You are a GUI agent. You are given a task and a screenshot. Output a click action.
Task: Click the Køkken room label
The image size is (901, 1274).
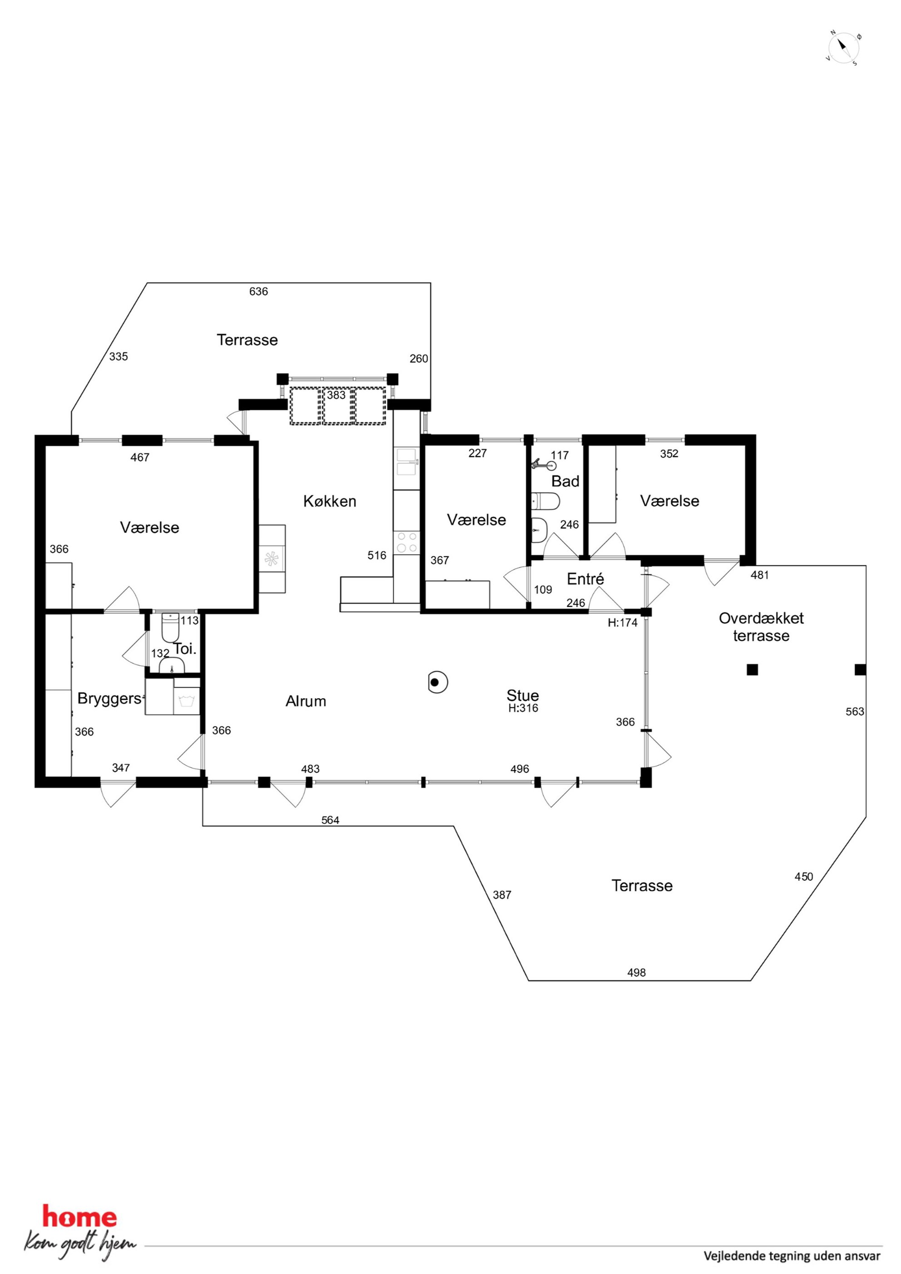(330, 502)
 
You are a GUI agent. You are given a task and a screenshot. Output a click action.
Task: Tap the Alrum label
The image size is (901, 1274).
(306, 701)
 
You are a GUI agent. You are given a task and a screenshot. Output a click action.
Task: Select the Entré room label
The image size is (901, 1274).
(585, 579)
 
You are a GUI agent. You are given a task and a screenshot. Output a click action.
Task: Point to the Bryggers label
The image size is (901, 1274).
(109, 699)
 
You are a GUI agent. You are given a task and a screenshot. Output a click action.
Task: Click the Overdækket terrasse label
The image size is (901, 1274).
(761, 627)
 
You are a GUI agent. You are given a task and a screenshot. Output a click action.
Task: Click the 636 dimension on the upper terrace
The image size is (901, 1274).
(259, 291)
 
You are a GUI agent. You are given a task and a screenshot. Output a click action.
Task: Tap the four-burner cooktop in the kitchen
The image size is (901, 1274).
(407, 542)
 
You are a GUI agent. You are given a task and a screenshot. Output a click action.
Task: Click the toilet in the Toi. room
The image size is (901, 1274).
(170, 627)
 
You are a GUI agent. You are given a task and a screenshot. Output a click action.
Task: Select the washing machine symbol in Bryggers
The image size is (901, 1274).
(187, 702)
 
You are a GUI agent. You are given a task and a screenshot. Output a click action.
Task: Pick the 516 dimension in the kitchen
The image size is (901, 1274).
(377, 555)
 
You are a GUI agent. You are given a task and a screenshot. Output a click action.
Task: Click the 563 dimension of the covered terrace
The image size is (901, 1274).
(855, 711)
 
